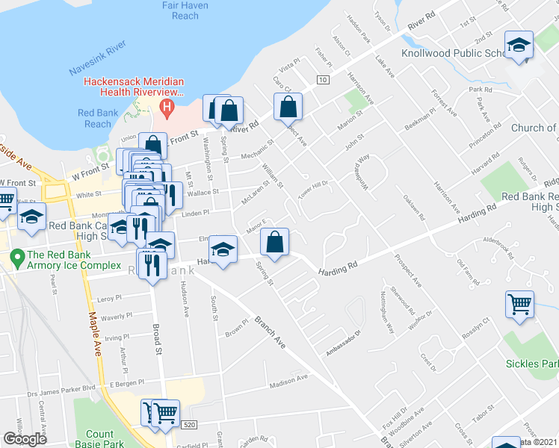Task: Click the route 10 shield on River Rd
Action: pos(322,79)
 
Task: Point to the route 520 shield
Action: pos(190,425)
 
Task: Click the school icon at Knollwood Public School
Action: pos(519,46)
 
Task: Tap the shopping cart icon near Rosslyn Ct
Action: pos(519,305)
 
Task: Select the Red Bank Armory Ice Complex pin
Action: pos(16,258)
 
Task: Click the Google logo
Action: pos(25,439)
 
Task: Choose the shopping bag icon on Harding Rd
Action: pos(274,242)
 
